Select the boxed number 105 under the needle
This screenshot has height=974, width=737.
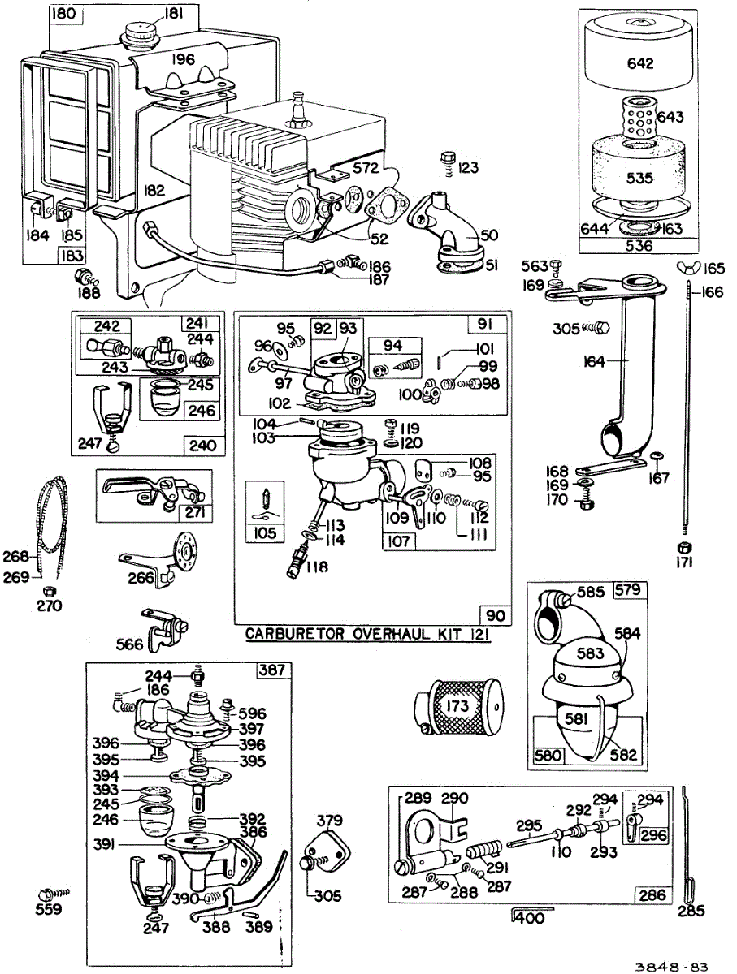[264, 533]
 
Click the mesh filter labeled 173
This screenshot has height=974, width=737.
[458, 705]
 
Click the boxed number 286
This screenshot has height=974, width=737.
[652, 895]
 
